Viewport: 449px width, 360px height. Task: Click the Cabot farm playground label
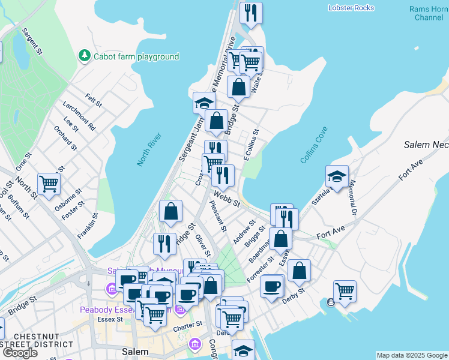[x=136, y=56]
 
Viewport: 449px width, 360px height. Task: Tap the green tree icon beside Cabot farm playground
[x=85, y=56]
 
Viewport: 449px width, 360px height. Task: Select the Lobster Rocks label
[x=351, y=8]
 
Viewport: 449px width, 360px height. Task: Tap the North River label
[x=142, y=151]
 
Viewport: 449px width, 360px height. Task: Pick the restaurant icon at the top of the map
[x=250, y=13]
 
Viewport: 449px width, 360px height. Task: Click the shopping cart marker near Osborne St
[x=49, y=183]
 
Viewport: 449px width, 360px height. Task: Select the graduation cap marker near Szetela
[x=337, y=176]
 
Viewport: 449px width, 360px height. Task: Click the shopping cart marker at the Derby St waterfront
[x=345, y=291]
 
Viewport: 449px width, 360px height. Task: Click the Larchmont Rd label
[x=79, y=115]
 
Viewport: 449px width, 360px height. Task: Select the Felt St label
[x=94, y=100]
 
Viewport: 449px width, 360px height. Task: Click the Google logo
[x=20, y=353]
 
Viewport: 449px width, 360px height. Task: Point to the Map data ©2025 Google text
[x=411, y=355]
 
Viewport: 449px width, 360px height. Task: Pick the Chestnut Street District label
[x=36, y=340]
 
